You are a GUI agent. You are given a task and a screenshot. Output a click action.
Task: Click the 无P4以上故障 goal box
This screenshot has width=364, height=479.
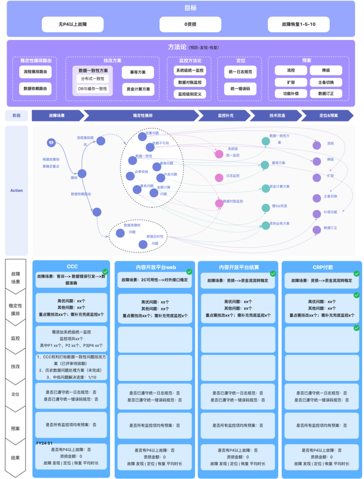pos(72,24)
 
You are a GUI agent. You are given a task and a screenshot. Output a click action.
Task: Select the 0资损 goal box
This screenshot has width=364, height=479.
pos(190,24)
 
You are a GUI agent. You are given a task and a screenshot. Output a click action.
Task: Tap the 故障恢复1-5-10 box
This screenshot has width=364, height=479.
pos(299,24)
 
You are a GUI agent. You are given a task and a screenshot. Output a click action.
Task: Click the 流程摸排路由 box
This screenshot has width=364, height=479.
pos(35,72)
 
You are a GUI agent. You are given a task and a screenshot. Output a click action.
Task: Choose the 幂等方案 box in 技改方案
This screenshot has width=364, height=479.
pos(138,72)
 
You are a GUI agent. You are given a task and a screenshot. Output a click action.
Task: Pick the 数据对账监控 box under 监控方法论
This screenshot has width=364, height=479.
pos(190,82)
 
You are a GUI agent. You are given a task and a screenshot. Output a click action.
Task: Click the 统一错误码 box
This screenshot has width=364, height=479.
pos(240,89)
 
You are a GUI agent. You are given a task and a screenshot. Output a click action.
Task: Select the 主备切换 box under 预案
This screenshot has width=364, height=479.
pos(326,82)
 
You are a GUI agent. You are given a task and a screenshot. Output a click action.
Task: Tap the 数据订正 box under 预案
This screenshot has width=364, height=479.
pos(326,94)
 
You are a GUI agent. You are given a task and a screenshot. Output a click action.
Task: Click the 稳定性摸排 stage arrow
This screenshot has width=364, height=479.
pos(143,116)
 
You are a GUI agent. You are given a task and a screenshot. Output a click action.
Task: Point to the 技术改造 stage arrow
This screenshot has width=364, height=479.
pos(277,116)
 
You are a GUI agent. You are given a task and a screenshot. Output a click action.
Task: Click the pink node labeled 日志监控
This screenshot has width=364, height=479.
pos(219,178)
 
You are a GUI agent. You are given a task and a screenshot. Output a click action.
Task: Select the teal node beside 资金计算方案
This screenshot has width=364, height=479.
pos(266,188)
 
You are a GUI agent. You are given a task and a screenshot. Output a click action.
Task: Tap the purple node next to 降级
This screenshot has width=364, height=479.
pos(317,161)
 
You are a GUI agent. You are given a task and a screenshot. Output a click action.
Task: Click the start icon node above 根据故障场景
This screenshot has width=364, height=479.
pos(51,143)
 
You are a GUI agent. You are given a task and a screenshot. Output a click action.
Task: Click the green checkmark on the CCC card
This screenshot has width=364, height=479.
pos(105,272)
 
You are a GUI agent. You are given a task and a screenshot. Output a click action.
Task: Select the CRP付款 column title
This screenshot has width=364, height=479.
pos(323,267)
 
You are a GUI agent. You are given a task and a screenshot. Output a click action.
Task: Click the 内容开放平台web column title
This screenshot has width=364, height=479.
pos(156,267)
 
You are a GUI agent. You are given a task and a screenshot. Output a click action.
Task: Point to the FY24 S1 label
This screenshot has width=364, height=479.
pos(44,443)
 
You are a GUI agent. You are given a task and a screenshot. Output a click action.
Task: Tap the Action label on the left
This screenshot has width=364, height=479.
pos(17,190)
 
